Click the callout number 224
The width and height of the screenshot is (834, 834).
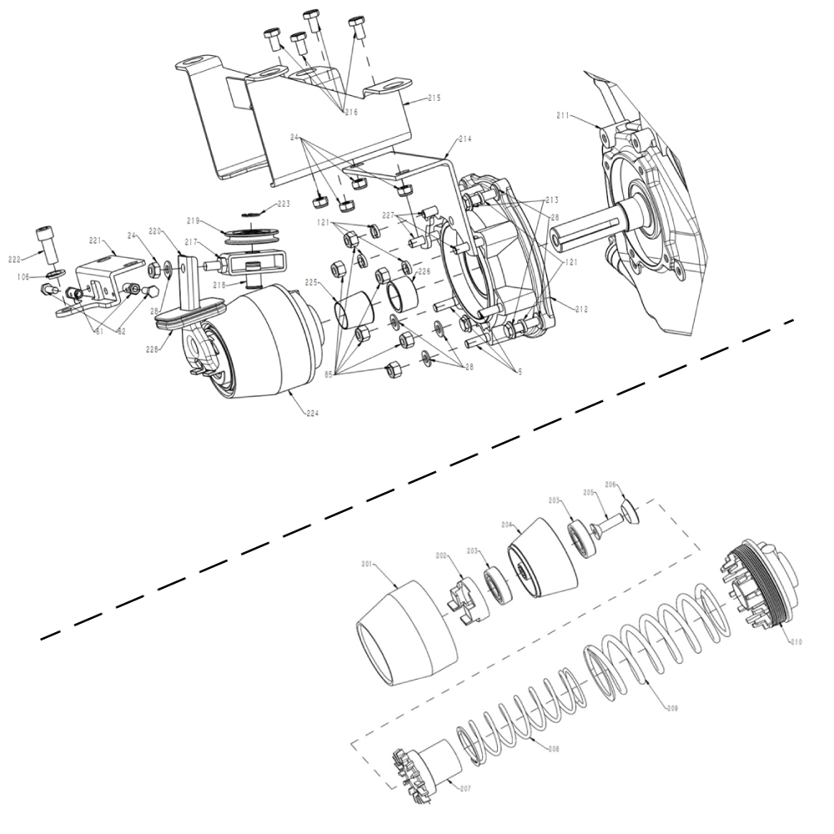click(313, 412)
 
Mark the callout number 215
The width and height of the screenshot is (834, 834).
click(434, 98)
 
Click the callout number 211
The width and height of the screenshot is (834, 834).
click(564, 116)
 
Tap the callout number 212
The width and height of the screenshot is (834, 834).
click(580, 309)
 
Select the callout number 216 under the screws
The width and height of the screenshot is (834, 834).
click(350, 112)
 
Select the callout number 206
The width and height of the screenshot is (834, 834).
click(610, 484)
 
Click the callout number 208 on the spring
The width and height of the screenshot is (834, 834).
click(553, 749)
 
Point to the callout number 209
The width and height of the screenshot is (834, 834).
click(672, 708)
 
